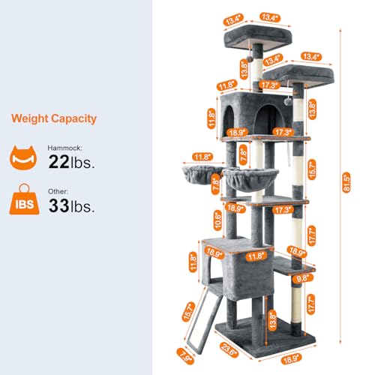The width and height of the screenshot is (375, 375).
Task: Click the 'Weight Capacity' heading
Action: [x=54, y=118]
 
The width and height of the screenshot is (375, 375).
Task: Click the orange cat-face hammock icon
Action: [x=23, y=158]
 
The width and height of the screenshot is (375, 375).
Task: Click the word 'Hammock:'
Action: [x=64, y=148]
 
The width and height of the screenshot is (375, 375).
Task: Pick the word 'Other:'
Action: [x=58, y=191]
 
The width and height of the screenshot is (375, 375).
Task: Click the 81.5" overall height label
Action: [x=346, y=182]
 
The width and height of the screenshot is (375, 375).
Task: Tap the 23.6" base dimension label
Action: [x=229, y=349]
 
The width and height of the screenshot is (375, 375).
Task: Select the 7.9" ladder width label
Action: [x=185, y=356]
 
